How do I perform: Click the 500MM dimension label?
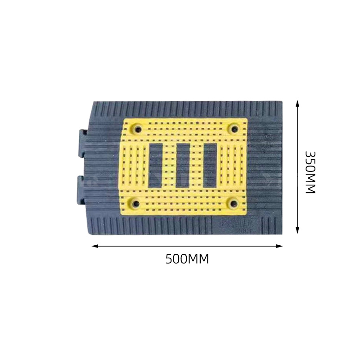187,259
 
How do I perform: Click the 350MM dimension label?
310,172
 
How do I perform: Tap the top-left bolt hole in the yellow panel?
138,130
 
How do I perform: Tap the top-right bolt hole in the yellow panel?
234,129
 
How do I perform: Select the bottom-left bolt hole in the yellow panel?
136,203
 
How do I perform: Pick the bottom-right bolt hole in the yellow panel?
234,203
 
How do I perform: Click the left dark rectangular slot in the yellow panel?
156,165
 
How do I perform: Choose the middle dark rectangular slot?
183,165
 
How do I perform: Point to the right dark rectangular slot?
210,165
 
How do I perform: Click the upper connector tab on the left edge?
82,144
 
